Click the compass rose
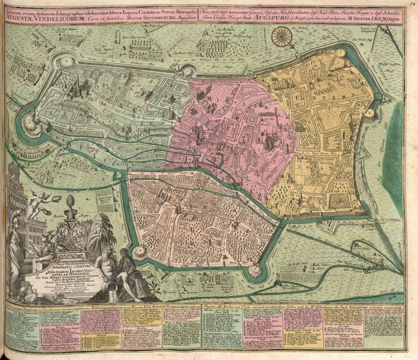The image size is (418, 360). coord(280,38)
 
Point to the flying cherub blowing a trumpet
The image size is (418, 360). coord(40,203)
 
